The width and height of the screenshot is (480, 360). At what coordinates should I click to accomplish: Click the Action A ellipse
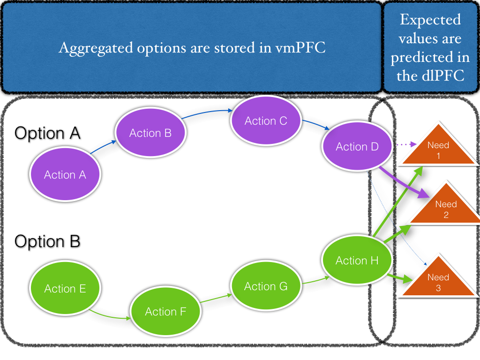[65, 174]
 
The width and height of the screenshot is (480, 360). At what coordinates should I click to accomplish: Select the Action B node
[150, 132]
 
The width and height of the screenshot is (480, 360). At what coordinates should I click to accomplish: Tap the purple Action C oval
[266, 120]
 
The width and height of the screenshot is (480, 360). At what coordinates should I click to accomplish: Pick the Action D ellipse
[357, 146]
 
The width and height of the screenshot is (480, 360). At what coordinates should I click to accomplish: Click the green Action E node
[65, 288]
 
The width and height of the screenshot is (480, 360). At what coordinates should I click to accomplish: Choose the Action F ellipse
[165, 311]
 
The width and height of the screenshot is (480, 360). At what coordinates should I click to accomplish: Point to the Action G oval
[266, 286]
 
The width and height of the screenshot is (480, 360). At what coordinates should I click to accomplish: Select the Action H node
[357, 260]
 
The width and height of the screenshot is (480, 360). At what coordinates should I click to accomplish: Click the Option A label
[47, 134]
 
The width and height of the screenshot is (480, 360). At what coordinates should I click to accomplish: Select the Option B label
[47, 241]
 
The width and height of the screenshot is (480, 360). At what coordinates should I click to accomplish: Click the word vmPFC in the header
[300, 48]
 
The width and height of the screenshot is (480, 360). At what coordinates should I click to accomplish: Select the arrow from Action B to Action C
[207, 112]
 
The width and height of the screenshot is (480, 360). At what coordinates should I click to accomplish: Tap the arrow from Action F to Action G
[216, 299]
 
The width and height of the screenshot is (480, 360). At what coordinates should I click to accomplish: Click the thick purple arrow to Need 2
[404, 182]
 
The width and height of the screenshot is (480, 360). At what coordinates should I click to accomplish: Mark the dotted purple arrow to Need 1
[406, 144]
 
